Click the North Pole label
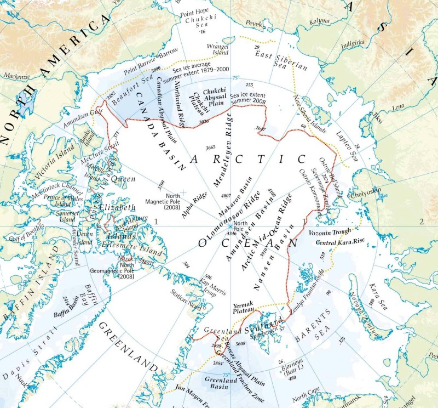click(240, 226)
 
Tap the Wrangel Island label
click(218, 49)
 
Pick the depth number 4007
click(225, 195)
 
